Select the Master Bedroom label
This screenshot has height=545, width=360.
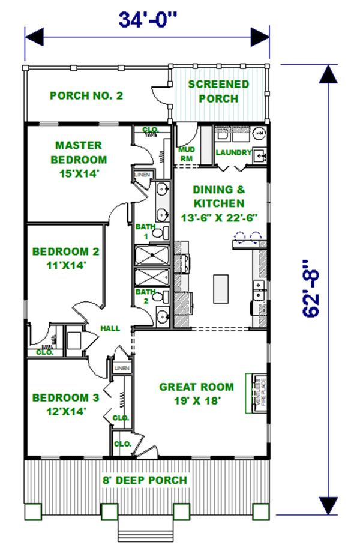79,160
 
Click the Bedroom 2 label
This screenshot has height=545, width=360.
66,258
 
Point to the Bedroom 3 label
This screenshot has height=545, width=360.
66,404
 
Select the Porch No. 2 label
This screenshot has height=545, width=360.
87,95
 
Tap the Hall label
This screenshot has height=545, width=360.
110,328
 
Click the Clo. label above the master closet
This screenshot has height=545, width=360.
149,130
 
